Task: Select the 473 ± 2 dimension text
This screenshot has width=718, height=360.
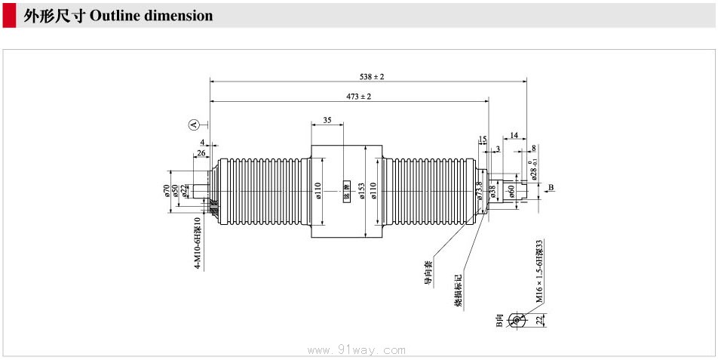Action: pos(359,97)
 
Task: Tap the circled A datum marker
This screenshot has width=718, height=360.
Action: pos(193,124)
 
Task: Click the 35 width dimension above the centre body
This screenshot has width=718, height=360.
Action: pos(327,120)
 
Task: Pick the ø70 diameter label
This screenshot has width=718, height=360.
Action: pos(165,190)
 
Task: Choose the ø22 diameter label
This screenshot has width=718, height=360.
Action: pos(183,190)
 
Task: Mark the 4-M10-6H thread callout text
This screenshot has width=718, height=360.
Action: pos(197,243)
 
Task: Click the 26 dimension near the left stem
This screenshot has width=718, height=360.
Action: pos(201,153)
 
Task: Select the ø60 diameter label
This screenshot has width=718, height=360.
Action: pos(511,191)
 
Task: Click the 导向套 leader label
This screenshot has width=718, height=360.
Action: pos(428,273)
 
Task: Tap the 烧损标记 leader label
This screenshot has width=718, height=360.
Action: pos(458,291)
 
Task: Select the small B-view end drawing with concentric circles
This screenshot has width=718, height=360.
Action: pos(517,321)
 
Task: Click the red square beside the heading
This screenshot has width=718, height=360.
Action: pos(10,16)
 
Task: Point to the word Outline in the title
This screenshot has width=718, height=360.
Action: pos(115,16)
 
